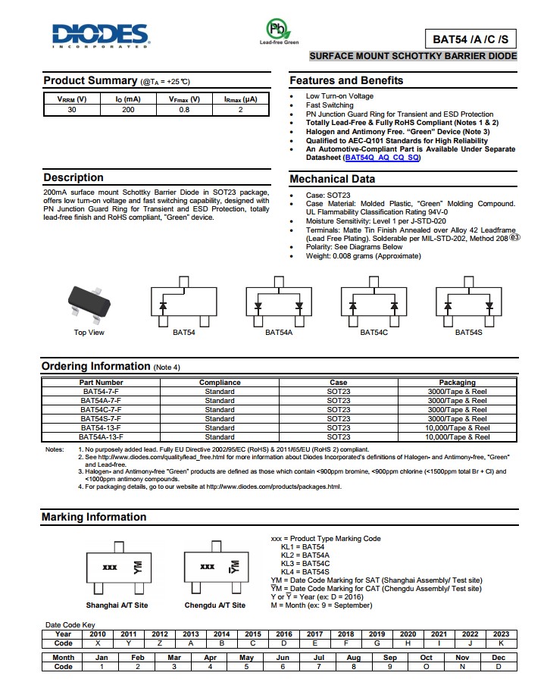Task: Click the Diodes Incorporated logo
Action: point(99,35)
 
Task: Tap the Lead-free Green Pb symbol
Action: point(279,30)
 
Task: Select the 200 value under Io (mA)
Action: point(128,110)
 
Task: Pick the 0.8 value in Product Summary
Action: point(184,110)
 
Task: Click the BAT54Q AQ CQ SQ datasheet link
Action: point(382,158)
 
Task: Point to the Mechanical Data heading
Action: point(332,180)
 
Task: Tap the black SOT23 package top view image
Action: point(89,305)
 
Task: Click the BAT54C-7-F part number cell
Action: point(101,410)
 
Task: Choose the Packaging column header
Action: point(457,383)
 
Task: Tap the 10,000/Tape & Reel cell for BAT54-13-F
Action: point(457,428)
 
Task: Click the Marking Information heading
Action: point(94,517)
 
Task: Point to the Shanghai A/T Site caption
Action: point(117,605)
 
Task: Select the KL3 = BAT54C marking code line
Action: point(305,564)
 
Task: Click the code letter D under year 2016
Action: point(284,643)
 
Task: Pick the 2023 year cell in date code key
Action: point(501,634)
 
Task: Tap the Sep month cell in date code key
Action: point(390,658)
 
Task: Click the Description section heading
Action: point(73,177)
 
